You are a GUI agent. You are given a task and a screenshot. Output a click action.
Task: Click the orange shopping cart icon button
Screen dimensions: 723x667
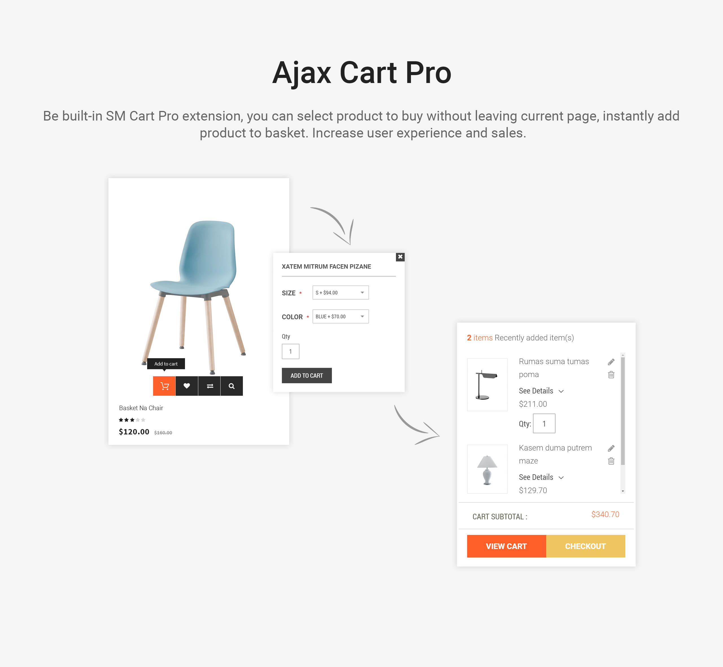click(x=164, y=386)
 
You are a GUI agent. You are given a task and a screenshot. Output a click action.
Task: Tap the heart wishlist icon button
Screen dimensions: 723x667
click(x=187, y=386)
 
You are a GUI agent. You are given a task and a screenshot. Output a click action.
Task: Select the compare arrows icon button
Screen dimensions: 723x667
click(x=210, y=386)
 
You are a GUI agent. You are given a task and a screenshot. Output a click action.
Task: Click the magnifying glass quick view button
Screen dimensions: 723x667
click(x=232, y=386)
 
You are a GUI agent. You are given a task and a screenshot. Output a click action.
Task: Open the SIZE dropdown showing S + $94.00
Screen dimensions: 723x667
click(x=341, y=292)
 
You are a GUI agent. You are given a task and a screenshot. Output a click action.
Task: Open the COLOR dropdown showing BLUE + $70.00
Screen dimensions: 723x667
click(x=341, y=316)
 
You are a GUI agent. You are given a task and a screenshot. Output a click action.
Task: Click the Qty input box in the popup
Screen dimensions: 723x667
click(x=290, y=351)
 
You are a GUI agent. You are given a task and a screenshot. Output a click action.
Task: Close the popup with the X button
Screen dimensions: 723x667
click(x=400, y=257)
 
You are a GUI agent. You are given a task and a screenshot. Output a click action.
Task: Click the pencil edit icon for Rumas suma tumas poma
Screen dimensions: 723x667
click(x=611, y=362)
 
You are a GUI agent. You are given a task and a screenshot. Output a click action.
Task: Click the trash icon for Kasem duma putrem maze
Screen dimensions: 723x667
click(x=611, y=461)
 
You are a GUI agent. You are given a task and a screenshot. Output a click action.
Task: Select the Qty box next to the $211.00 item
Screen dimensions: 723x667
click(x=544, y=423)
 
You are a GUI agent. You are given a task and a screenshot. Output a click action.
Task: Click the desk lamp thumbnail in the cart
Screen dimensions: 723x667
click(x=487, y=384)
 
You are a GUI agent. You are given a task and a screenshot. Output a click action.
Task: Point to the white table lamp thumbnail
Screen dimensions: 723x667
click(x=487, y=469)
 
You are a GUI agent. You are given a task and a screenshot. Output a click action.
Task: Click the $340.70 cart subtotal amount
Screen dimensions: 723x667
click(x=605, y=514)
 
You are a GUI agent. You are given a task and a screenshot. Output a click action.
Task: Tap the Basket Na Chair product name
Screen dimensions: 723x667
click(x=141, y=408)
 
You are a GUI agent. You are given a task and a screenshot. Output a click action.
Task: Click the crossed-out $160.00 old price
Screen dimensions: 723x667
click(x=163, y=432)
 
